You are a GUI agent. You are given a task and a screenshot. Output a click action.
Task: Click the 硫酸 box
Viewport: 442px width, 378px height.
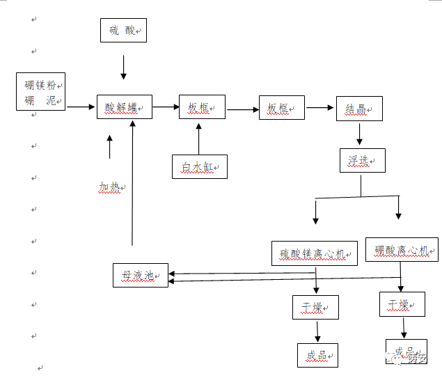click(x=124, y=31)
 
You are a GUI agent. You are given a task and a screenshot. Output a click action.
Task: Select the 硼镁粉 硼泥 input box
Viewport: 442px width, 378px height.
click(x=41, y=92)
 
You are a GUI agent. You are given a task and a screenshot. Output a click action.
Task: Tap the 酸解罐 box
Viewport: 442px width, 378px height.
click(x=124, y=107)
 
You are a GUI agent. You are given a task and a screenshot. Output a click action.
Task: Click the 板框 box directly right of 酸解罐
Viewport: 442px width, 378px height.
click(x=203, y=107)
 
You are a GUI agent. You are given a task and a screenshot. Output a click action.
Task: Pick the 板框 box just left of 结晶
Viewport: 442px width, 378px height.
click(x=282, y=107)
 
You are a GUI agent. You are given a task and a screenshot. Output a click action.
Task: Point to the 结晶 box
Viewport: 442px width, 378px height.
click(x=359, y=109)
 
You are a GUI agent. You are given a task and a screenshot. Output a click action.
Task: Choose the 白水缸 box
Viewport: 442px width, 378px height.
click(x=200, y=166)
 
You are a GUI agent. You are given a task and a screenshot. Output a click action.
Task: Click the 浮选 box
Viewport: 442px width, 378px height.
click(x=362, y=161)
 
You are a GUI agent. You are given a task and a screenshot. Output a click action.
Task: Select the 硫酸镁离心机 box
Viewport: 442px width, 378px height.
click(x=314, y=253)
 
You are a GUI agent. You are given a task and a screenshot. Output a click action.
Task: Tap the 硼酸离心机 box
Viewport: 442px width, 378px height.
click(x=402, y=250)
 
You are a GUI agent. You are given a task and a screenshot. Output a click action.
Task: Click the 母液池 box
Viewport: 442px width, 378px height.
click(x=141, y=275)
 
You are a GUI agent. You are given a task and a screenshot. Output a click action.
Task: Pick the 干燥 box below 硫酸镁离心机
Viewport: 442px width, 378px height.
click(x=315, y=307)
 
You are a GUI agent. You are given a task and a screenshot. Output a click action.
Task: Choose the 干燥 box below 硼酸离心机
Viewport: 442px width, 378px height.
click(x=402, y=304)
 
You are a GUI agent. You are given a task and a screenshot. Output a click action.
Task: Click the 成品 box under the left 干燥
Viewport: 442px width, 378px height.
click(x=317, y=355)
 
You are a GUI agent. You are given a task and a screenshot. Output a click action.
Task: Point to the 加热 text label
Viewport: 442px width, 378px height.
click(x=110, y=187)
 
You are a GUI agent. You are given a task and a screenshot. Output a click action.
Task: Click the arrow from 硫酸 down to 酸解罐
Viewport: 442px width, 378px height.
click(x=124, y=67)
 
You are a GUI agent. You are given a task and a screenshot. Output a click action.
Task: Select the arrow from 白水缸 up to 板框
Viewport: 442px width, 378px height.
click(x=199, y=138)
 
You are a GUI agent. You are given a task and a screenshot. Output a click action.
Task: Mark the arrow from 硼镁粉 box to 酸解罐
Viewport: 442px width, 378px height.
click(x=81, y=107)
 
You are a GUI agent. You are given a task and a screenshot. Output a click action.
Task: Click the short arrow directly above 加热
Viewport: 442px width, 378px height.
click(x=110, y=147)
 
